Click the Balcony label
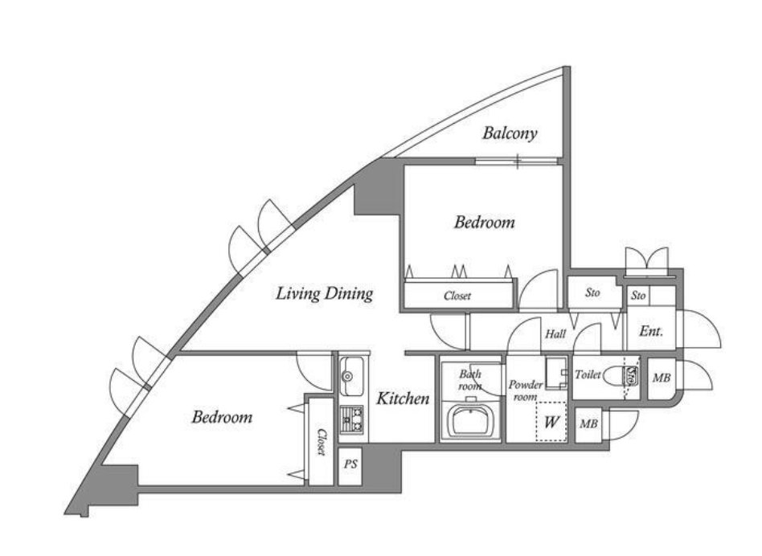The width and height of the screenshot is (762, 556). [x=510, y=133]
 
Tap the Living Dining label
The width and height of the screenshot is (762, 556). [x=324, y=293]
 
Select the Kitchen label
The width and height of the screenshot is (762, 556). [x=404, y=399]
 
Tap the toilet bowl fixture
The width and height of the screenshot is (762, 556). [x=621, y=376]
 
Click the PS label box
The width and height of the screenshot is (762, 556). [x=350, y=464]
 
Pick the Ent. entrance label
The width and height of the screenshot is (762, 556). [x=650, y=331]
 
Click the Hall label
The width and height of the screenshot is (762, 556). [x=555, y=333]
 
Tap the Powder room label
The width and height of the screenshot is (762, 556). [x=525, y=390]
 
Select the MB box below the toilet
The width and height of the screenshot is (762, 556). [x=588, y=423]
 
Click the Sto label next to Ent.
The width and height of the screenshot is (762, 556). [x=638, y=296]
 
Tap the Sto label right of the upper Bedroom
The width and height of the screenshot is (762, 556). [x=594, y=294]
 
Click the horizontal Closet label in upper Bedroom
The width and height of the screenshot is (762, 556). [x=457, y=296]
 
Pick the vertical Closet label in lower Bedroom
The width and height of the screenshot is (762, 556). [x=320, y=442]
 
